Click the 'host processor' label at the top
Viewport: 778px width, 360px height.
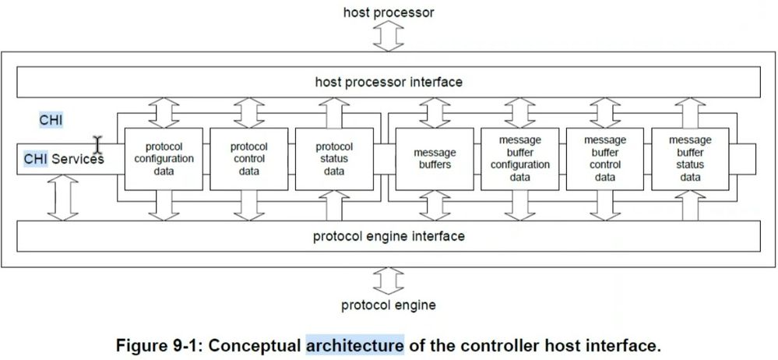tap(389, 12)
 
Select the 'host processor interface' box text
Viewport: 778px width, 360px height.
tap(389, 81)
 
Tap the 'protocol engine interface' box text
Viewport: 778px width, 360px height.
tap(389, 236)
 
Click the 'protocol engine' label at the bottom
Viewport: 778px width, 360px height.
tap(389, 305)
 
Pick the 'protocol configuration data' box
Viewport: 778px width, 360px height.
tap(164, 159)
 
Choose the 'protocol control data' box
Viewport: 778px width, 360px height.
tap(249, 159)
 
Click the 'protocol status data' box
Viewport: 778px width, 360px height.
tap(334, 159)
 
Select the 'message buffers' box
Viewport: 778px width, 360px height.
tap(435, 159)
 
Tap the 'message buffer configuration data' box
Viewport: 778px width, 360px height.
tap(519, 159)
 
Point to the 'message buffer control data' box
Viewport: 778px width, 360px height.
tap(605, 159)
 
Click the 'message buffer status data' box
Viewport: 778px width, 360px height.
tap(690, 159)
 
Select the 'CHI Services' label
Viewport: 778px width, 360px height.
tap(63, 159)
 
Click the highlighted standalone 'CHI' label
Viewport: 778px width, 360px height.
tap(51, 120)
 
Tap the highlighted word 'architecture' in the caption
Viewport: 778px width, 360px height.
tap(355, 344)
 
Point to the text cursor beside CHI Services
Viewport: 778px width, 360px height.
tap(98, 144)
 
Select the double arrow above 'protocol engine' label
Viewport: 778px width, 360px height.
tap(389, 277)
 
